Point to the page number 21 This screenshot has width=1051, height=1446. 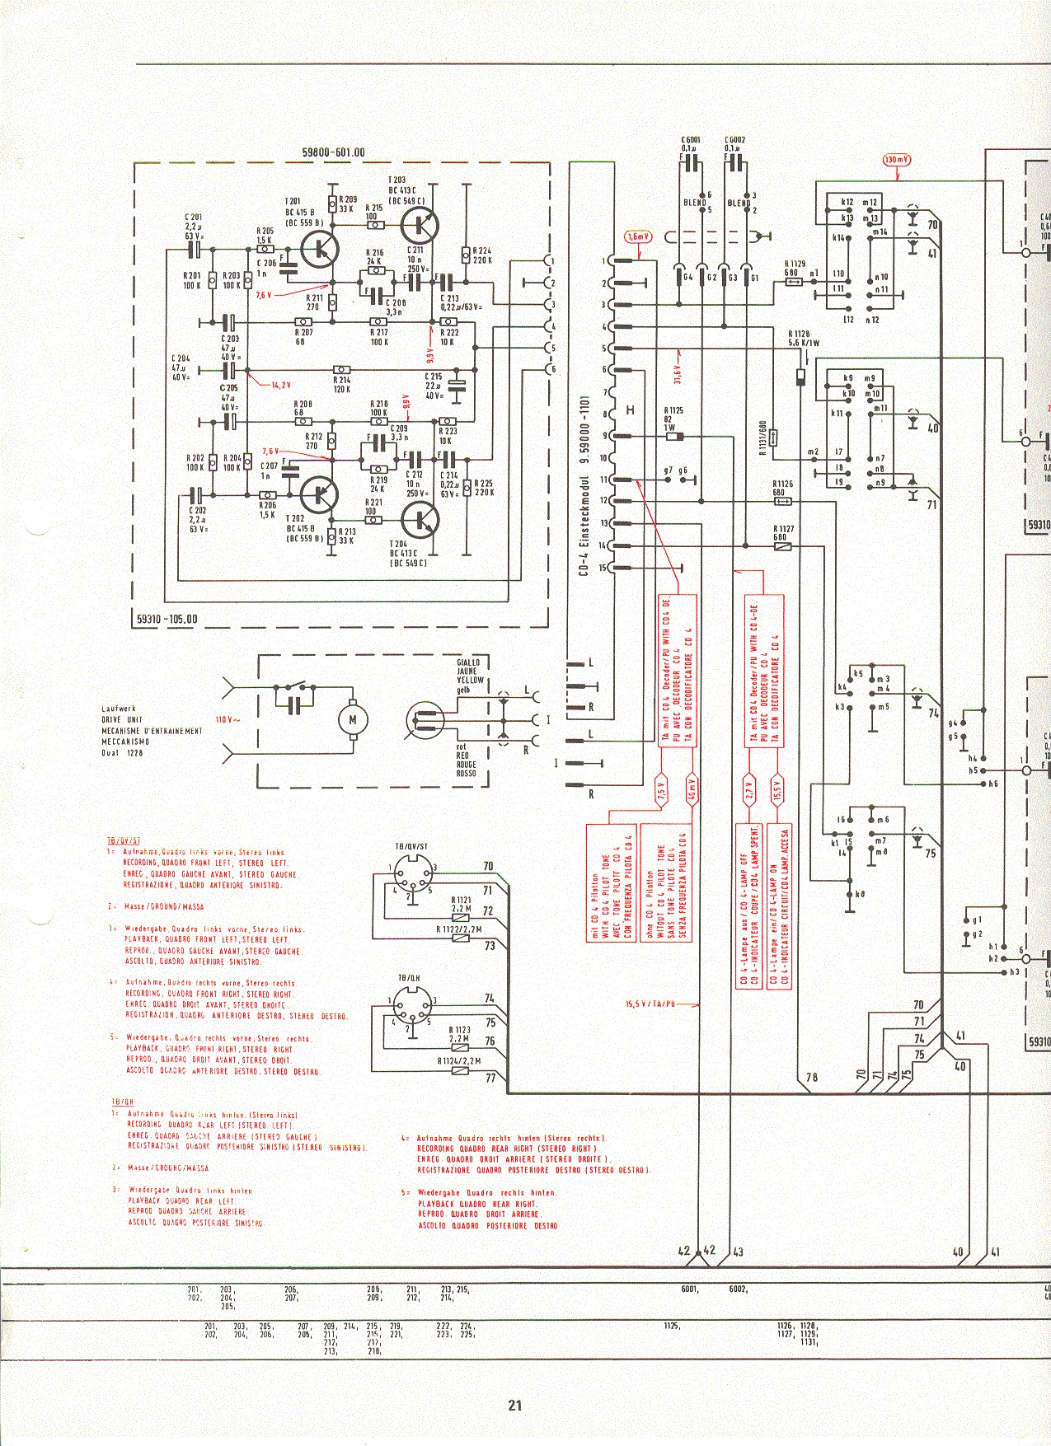coord(515,1405)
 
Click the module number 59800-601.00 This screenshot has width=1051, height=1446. coord(333,152)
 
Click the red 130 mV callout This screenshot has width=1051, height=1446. coord(895,161)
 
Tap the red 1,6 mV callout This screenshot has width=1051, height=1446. coord(638,236)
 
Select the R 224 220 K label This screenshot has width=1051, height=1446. coord(481,255)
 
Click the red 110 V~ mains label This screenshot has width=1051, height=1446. coord(228,720)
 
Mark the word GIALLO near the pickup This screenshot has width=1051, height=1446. coord(468,662)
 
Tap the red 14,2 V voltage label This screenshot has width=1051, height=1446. coord(282,385)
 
